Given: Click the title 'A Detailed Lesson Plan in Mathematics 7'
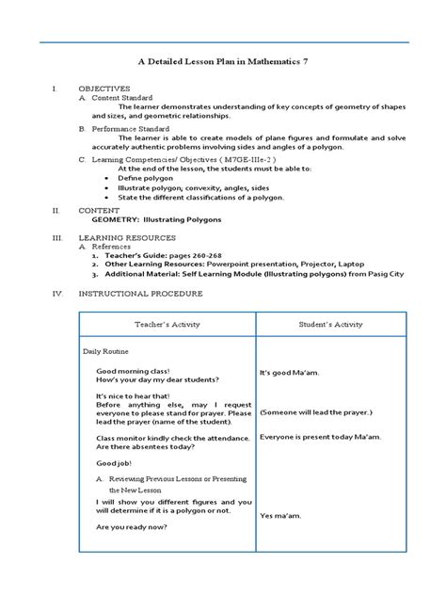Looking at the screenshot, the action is (222, 60).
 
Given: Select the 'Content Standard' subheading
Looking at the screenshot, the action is (120, 97).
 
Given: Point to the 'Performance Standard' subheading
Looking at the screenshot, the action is (128, 127).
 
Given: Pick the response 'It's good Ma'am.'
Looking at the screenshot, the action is (292, 373).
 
